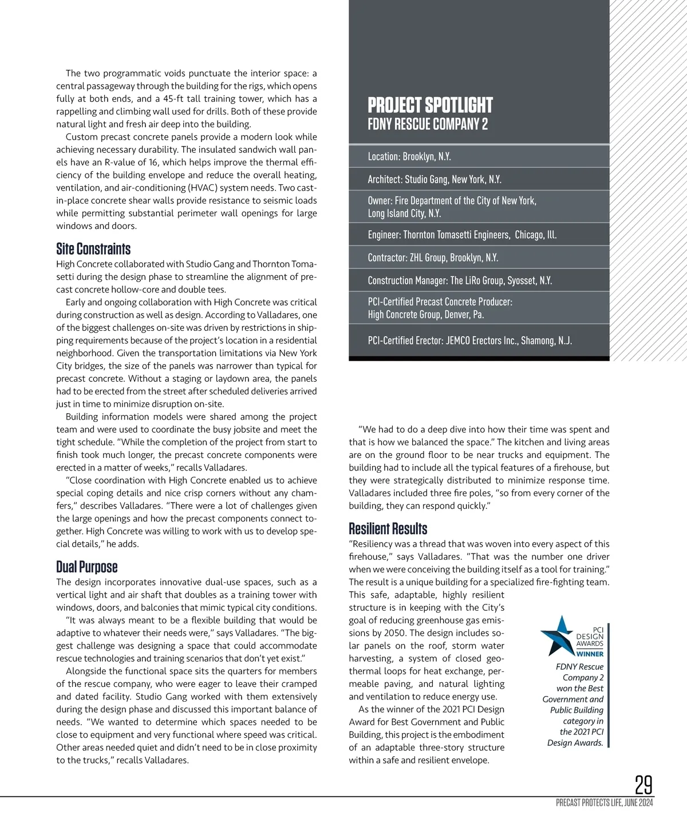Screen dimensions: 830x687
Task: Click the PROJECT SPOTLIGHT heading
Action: (x=430, y=105)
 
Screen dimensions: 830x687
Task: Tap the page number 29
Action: (x=643, y=785)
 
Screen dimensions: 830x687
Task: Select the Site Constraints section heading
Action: (x=93, y=249)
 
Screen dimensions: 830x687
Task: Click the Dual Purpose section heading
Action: (x=87, y=567)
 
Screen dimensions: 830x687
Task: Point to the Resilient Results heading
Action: (x=388, y=528)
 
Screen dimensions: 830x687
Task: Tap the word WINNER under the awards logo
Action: (x=590, y=654)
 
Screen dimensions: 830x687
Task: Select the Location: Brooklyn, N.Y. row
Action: (x=409, y=156)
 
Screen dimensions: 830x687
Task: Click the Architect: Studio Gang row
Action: (x=435, y=179)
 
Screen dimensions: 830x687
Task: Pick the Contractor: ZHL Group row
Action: (x=433, y=258)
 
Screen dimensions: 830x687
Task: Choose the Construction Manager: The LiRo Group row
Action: (x=460, y=280)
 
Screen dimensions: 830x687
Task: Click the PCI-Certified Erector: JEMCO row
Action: (x=469, y=341)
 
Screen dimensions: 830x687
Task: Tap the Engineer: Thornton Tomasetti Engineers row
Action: (x=462, y=235)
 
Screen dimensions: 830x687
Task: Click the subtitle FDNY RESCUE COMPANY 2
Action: (x=428, y=124)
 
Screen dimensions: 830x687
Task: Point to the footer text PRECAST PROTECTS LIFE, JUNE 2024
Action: (x=604, y=803)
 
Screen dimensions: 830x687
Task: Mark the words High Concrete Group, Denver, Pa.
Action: (x=426, y=314)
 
